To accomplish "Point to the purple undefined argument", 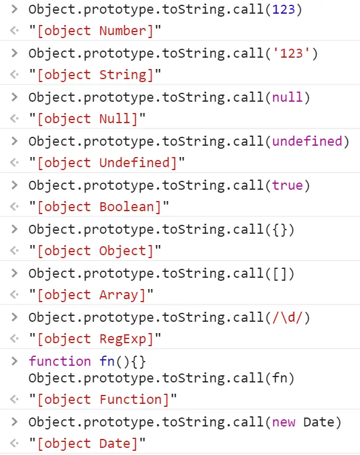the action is coord(306,142).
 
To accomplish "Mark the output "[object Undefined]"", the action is coord(107,163).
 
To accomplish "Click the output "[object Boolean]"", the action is coord(99,207).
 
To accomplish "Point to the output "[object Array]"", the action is coord(91,295).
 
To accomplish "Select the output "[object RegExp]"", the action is coord(95,339).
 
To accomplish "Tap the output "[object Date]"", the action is coord(87,444).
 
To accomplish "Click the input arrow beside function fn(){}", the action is coord(14,362).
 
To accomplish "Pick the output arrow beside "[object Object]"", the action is coord(14,251).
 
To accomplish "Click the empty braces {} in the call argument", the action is coord(279,230).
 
